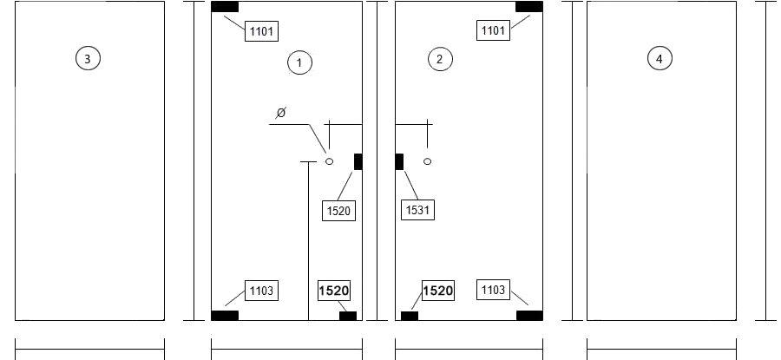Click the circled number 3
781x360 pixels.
coord(88,58)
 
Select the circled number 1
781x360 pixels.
coord(300,62)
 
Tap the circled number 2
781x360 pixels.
coord(440,59)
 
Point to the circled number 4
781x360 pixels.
coord(660,59)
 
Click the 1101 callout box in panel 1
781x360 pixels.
coord(261,31)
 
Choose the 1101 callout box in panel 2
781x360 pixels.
coord(493,30)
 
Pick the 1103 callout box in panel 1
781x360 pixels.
coord(261,291)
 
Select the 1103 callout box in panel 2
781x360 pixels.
coord(493,290)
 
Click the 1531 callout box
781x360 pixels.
coord(417,210)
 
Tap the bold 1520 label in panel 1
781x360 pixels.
coord(334,291)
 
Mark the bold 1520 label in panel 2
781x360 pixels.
coord(438,291)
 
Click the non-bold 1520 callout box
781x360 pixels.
coord(338,211)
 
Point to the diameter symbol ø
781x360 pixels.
coord(281,114)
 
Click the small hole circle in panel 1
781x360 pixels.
coord(329,161)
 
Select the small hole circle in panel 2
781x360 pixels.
coord(427,161)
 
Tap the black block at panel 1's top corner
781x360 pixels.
coord(225,6)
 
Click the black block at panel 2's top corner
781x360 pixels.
coord(529,6)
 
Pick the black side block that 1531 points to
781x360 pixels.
coord(399,162)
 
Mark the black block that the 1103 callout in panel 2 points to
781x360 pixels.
coord(529,315)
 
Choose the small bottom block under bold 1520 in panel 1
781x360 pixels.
coord(348,316)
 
